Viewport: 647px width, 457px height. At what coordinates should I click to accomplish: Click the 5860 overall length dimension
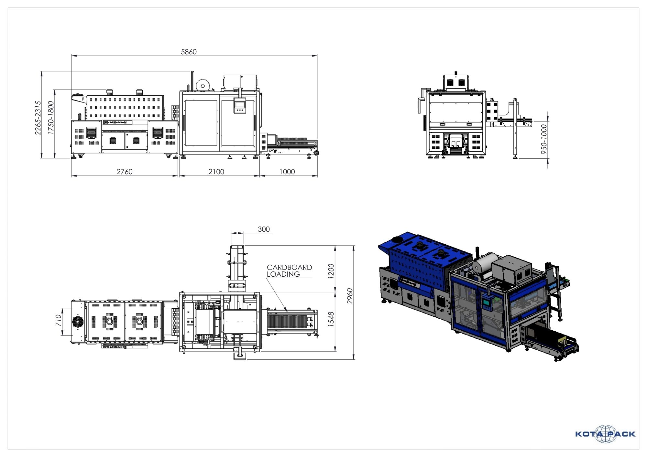(189, 52)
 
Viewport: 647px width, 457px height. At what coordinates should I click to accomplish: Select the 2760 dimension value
(125, 172)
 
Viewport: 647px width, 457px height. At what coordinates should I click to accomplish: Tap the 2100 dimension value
(216, 172)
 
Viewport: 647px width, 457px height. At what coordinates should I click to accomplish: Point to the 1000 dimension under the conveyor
(287, 172)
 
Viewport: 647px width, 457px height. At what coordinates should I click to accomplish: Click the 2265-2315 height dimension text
(38, 118)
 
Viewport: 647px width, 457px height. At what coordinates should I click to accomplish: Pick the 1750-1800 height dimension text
(51, 118)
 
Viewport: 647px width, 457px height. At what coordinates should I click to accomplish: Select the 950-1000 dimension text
(544, 139)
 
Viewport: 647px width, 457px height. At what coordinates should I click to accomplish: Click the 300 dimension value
(264, 229)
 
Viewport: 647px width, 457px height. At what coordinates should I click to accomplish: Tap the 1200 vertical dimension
(331, 271)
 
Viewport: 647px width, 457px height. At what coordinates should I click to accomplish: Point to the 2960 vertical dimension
(350, 296)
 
